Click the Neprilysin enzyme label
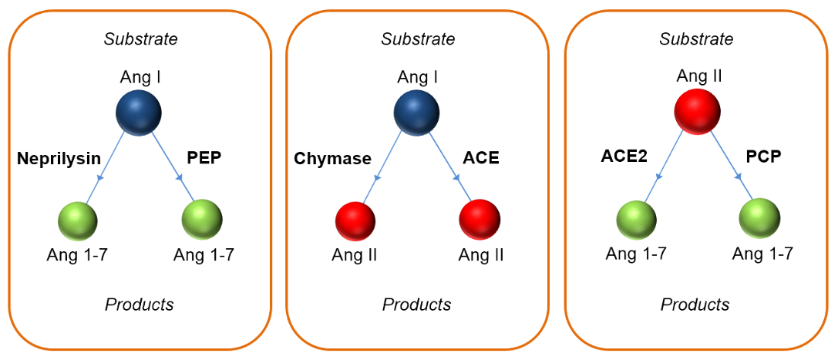click(59, 159)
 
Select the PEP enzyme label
click(204, 159)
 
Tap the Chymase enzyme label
click(332, 159)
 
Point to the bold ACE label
click(480, 159)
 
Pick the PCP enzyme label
click(763, 157)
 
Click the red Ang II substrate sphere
click(698, 111)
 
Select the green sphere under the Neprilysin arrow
click(78, 221)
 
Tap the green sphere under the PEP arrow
click(202, 220)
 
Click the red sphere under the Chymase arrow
click(355, 221)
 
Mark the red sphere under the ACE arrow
click(480, 220)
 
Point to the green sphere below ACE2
click(636, 220)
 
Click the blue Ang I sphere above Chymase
click(416, 112)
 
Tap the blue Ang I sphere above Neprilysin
click(139, 112)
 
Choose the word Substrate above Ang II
click(697, 39)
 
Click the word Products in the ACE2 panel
click(695, 304)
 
